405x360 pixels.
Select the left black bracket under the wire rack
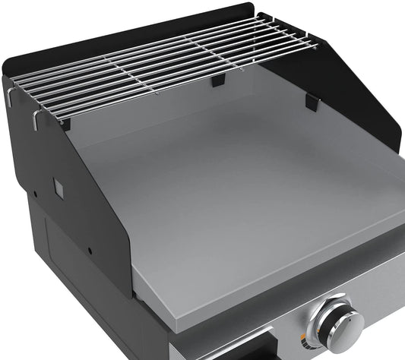pos(65,122)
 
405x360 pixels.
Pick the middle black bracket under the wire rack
pos(219,80)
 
